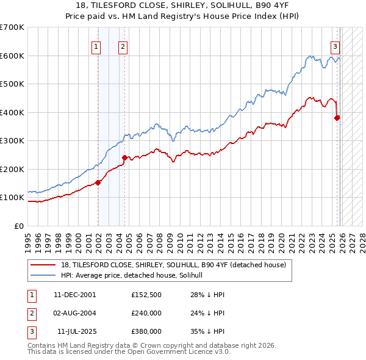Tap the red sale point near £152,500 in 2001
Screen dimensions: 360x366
(98, 182)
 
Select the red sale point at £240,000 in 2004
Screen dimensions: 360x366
(124, 157)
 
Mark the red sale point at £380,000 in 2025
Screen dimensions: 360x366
(337, 118)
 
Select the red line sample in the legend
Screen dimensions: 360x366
(43, 265)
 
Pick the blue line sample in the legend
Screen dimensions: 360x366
(43, 275)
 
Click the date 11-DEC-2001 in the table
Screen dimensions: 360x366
(74, 295)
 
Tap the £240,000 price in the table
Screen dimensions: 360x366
(146, 312)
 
